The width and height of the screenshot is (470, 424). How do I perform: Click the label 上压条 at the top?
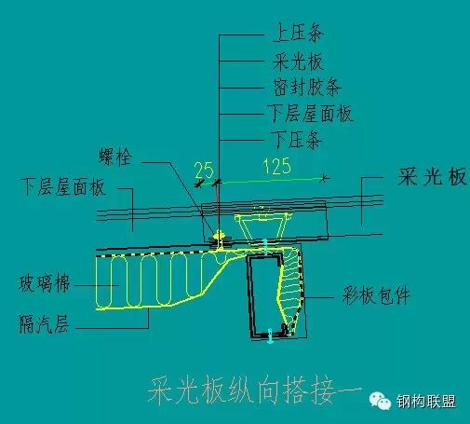pos(298,33)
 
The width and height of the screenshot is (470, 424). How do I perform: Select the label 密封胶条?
pos(307,87)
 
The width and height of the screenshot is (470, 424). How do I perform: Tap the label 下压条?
pos(296,140)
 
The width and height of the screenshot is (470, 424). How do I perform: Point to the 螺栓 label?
pos(115,157)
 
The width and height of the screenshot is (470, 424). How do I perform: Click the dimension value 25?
pos(204,170)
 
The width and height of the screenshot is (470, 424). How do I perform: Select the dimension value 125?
pos(277,166)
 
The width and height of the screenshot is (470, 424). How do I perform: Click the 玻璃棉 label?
pos(45,283)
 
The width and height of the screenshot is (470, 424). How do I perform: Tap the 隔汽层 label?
pos(44,324)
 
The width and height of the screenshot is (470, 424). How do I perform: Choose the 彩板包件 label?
pos(376,295)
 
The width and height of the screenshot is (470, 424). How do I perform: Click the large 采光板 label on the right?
pos(432,176)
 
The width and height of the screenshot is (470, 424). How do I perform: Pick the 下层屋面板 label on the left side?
pos(63,187)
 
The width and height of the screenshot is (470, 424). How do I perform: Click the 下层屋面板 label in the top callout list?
pos(311,114)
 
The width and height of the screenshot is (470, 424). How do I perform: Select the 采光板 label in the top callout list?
pos(298,62)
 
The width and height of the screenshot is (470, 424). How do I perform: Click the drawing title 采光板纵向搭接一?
pos(254,390)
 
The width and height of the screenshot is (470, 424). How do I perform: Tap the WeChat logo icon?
pos(380,401)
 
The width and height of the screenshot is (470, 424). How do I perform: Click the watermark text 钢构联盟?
pos(426,402)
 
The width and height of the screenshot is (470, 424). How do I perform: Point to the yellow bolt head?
pos(219,234)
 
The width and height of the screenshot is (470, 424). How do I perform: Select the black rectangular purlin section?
pos(265,295)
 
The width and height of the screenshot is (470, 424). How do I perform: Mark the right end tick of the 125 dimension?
pos(324,178)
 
